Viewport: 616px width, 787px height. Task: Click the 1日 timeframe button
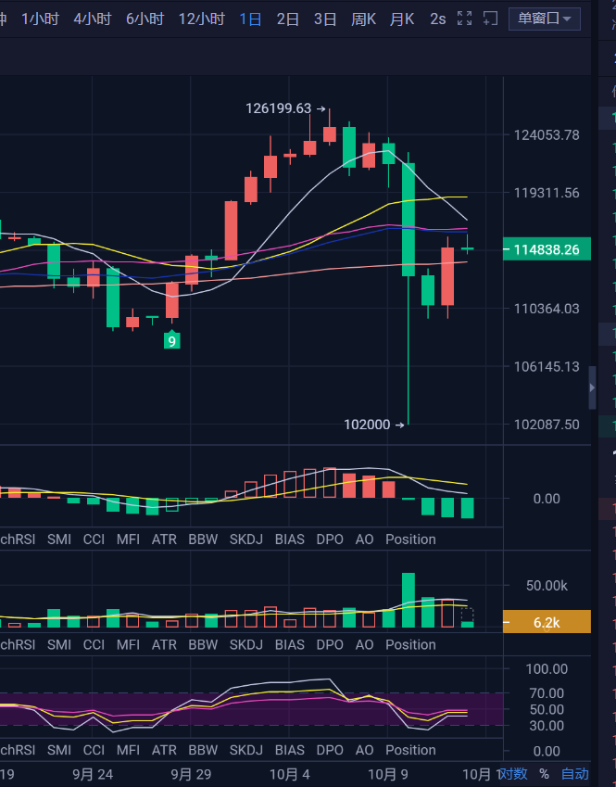250,19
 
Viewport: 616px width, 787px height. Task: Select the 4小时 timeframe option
93,19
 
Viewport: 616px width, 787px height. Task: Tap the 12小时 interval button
201,19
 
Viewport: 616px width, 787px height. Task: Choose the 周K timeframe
363,19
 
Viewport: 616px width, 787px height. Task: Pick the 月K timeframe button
402,19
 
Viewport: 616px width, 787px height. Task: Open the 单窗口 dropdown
545,19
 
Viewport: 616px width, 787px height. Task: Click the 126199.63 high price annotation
279,108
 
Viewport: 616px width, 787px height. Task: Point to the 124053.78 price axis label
547,135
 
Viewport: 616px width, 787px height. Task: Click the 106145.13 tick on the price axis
547,367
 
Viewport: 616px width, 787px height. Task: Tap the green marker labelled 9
171,341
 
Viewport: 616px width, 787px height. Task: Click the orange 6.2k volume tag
547,623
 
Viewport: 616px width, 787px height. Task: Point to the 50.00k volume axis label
547,586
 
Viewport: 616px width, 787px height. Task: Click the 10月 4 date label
289,774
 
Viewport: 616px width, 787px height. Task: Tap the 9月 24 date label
93,774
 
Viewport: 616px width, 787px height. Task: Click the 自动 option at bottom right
574,774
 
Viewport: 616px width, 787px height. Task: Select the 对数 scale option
513,774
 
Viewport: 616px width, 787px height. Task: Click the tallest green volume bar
409,601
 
